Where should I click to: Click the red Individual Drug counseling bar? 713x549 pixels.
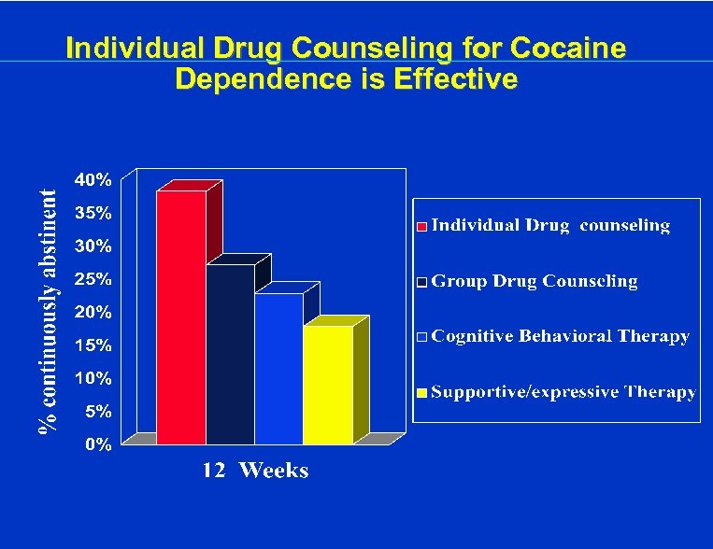180,317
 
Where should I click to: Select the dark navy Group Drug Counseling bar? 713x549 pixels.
230,355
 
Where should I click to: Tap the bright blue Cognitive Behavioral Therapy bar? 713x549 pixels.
278,369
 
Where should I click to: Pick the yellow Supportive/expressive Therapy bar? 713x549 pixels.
328,385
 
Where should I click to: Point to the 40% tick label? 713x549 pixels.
93,179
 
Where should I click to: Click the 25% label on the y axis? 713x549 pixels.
93,279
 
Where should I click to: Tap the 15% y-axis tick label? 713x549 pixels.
93,345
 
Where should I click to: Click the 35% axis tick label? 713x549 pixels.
93,213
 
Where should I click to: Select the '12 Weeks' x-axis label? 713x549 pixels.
256,470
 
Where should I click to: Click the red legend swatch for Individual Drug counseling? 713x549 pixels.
421,226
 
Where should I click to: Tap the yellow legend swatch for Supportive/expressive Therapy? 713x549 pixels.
421,393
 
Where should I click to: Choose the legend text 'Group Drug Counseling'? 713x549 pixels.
535,281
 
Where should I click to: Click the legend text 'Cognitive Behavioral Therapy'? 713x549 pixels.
561,336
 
